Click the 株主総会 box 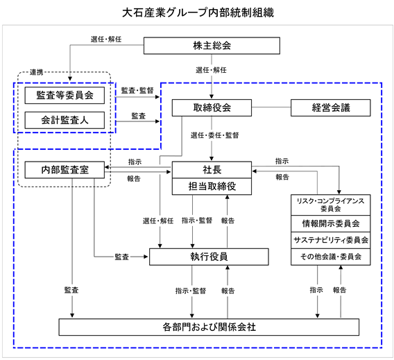pos(212,46)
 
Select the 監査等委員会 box pos(65,95)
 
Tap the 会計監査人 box pos(65,120)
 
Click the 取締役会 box pos(212,108)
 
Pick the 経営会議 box pos(330,108)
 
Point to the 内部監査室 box pos(65,170)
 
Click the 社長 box pos(212,170)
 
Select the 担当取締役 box pos(212,187)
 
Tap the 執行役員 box pos(209,257)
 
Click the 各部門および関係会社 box pos(209,327)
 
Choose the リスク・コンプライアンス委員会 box pos(330,205)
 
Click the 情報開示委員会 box pos(330,223)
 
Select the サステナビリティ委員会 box pos(330,240)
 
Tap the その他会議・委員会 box pos(330,257)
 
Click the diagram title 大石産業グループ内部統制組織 pos(198,12)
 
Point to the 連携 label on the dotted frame pos(37,72)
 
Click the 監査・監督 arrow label pos(137,90)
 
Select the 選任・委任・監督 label pos(214,135)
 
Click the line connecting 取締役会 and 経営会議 pos(271,108)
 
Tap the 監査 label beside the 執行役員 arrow pos(122,257)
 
